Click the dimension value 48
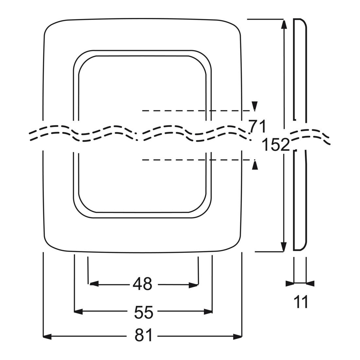[142, 284]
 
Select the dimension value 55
[143, 312]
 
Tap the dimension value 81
[143, 335]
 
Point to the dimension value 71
[257, 126]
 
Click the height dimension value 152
[276, 144]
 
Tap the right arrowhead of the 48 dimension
[193, 285]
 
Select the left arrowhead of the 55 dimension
[78, 312]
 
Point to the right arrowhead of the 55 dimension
[208, 312]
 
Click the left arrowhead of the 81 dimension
[47, 337]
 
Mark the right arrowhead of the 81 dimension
[238, 337]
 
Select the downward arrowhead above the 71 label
[255, 106]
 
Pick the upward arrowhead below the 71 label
[255, 165]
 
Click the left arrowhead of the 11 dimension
[290, 283]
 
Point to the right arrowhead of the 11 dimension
[310, 283]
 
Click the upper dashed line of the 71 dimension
[197, 111]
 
